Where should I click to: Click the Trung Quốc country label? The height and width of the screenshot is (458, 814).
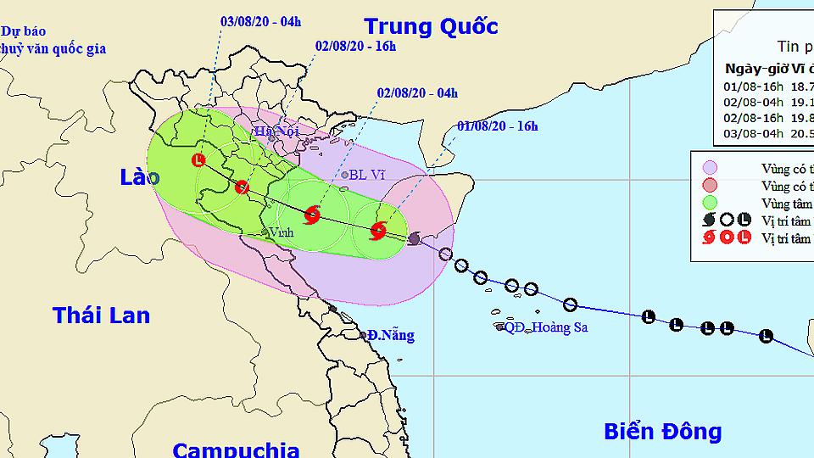[x=431, y=26]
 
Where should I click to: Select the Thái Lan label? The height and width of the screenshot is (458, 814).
[x=101, y=316]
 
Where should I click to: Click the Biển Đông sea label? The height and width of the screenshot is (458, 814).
[x=662, y=431]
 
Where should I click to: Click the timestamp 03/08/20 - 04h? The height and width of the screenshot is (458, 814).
[x=259, y=20]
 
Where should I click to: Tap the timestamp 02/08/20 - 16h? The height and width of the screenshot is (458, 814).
[x=355, y=46]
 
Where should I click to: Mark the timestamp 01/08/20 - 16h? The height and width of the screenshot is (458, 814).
[x=497, y=126]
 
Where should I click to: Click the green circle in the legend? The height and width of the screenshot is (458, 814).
[x=710, y=202]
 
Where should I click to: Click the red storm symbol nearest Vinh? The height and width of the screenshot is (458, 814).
[x=311, y=214]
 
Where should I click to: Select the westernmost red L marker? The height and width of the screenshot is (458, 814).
[x=198, y=159]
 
